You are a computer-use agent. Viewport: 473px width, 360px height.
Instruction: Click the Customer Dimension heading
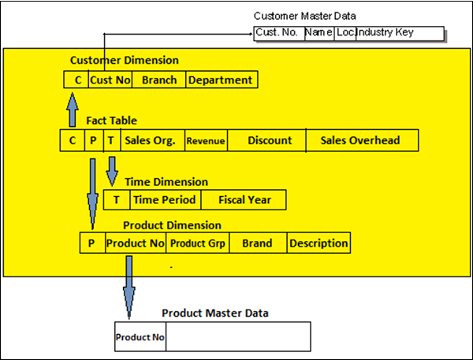[125, 60]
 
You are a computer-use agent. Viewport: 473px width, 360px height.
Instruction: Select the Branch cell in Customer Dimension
[159, 80]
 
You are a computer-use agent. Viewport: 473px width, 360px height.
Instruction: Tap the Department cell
[221, 80]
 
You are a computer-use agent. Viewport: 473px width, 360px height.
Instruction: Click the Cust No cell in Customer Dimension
[110, 80]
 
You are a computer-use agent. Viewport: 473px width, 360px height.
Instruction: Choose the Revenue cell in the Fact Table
[206, 141]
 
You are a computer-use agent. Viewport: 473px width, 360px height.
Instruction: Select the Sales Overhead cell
[361, 141]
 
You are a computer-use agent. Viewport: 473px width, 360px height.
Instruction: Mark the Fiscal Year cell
[244, 200]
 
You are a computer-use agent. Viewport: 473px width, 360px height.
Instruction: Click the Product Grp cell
[197, 243]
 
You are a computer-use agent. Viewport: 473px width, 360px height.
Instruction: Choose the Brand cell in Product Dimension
[258, 243]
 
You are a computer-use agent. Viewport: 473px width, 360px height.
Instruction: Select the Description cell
[318, 243]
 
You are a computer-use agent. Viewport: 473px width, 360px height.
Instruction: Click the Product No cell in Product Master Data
[140, 337]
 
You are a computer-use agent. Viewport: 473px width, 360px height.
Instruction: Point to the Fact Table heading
[111, 121]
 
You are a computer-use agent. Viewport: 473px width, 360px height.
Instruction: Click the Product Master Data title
[215, 313]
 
